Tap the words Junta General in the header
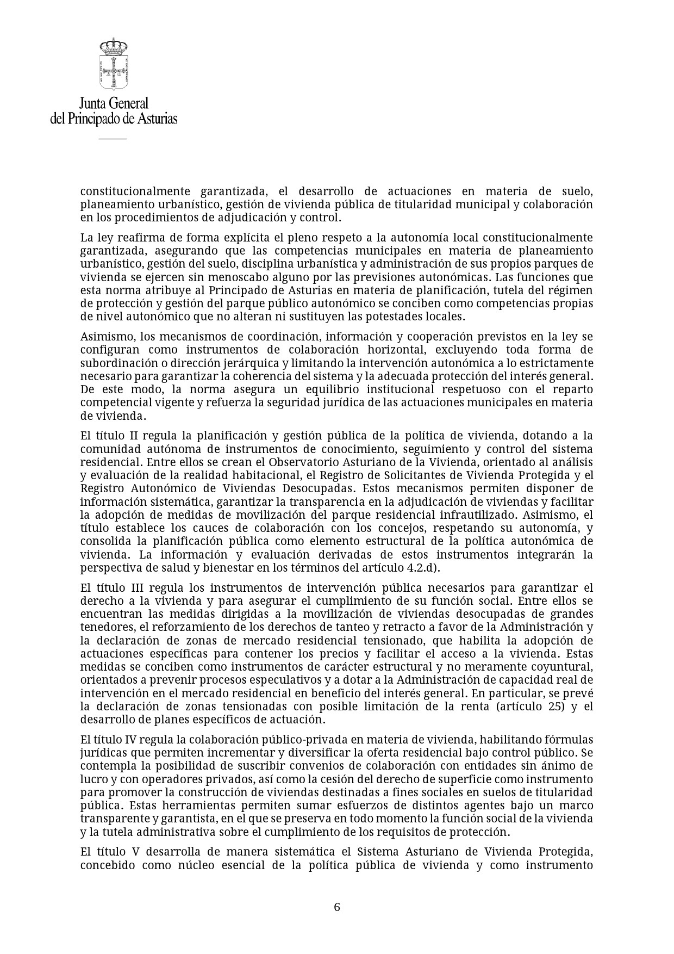coord(114,103)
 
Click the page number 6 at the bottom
coord(337,907)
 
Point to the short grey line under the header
coord(113,139)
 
